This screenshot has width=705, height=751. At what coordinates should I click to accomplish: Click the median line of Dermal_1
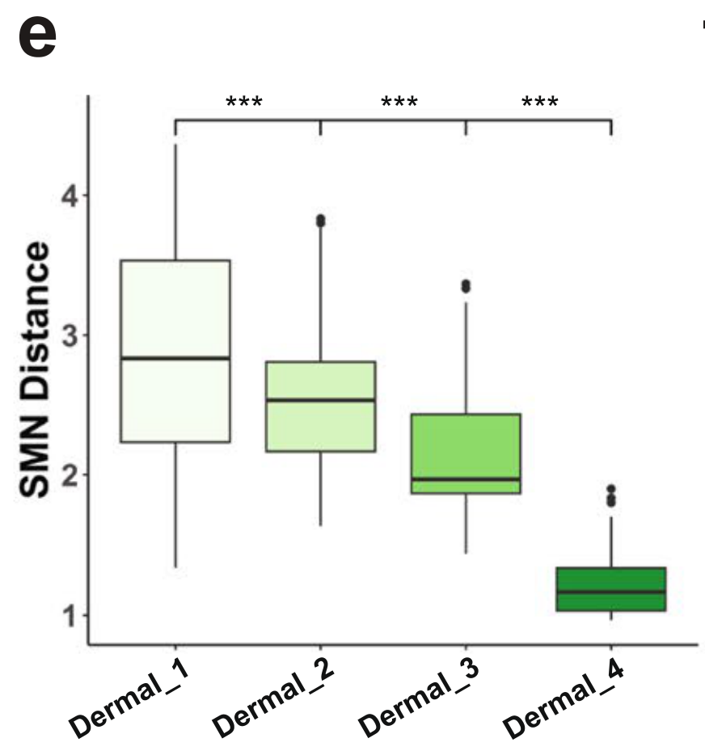(175, 357)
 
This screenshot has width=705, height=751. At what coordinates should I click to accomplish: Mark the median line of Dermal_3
(465, 479)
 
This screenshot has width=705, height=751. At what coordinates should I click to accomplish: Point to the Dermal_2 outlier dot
(320, 220)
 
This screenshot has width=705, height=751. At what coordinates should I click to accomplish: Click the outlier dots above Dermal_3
(465, 285)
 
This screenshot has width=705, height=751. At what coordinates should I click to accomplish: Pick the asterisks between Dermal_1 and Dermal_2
(244, 103)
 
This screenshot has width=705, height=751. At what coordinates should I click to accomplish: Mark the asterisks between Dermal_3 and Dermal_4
(539, 103)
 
